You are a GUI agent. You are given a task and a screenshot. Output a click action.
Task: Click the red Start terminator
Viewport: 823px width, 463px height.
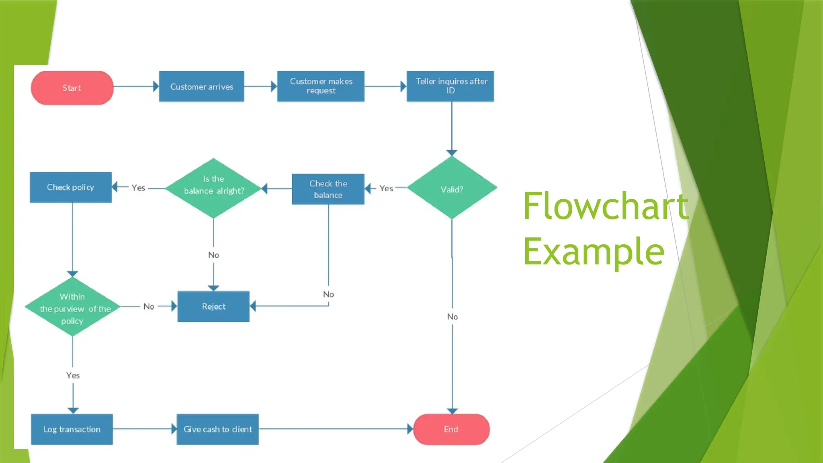(x=72, y=88)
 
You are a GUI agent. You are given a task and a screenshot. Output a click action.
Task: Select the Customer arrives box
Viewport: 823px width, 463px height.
(x=201, y=86)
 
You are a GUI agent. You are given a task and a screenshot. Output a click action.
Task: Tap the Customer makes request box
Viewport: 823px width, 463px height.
(x=321, y=86)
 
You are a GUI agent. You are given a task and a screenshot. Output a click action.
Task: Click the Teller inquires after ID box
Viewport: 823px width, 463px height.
(x=450, y=86)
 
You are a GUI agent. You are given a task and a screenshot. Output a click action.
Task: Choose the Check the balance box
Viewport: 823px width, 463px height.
(x=328, y=189)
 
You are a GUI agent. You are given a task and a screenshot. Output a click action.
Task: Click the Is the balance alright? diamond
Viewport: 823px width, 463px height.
(x=213, y=188)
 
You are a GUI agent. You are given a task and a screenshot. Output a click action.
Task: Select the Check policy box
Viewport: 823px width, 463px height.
(x=71, y=187)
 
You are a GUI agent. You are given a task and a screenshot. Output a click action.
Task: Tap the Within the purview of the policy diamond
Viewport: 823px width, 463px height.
(x=72, y=307)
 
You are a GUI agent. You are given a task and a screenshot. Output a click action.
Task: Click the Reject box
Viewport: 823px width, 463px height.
(x=213, y=306)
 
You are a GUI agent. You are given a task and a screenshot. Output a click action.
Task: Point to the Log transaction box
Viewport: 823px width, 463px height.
(x=72, y=429)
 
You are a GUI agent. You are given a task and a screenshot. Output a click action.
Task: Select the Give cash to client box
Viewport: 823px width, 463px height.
(x=217, y=429)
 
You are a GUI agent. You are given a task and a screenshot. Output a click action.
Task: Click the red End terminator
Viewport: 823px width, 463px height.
(x=451, y=429)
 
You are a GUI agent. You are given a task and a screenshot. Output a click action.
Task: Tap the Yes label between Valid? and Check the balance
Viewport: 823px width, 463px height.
(x=386, y=188)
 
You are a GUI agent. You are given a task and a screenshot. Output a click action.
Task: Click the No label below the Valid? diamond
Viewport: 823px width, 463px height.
(x=452, y=317)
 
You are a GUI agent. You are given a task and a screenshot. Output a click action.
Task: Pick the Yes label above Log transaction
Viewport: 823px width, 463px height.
(x=73, y=375)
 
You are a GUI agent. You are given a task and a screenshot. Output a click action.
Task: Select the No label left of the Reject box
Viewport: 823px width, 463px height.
(x=149, y=307)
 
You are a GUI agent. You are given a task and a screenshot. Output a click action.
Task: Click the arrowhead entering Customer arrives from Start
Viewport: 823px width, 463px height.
(x=156, y=86)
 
